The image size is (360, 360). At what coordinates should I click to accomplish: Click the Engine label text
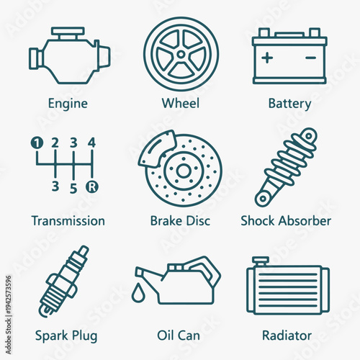pyautogui.click(x=68, y=103)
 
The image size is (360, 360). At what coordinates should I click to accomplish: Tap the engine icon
pyautogui.click(x=68, y=55)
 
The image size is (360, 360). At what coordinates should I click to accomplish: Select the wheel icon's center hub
pyautogui.click(x=179, y=54)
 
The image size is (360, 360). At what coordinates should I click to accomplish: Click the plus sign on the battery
pyautogui.click(x=268, y=57)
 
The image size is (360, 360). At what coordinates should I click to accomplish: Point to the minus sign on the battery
pyautogui.click(x=311, y=57)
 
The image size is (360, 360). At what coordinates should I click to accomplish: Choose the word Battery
pyautogui.click(x=289, y=103)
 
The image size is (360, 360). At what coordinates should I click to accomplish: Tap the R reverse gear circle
pyautogui.click(x=91, y=189)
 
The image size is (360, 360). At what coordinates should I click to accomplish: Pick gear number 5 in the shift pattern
pyautogui.click(x=73, y=189)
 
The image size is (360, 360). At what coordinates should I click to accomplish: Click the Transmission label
pyautogui.click(x=68, y=220)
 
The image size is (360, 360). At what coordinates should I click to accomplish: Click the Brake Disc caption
pyautogui.click(x=180, y=220)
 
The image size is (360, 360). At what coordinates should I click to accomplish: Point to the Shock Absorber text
pyautogui.click(x=286, y=220)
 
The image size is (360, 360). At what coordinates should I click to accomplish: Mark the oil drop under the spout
pyautogui.click(x=137, y=294)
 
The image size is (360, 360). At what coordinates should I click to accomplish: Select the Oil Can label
pyautogui.click(x=178, y=336)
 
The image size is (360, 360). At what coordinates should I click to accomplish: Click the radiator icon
pyautogui.click(x=288, y=286)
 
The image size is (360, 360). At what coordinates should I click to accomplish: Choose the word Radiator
pyautogui.click(x=287, y=336)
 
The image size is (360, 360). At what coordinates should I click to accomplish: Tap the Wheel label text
pyautogui.click(x=180, y=103)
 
